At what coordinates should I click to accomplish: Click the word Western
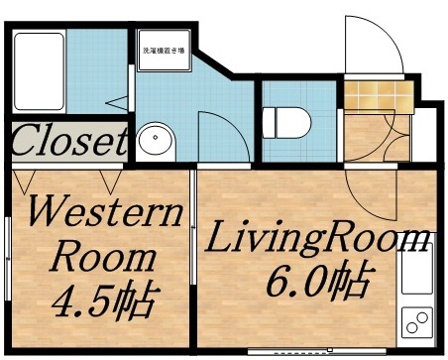[x=104, y=214]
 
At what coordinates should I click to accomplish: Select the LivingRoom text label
[x=317, y=240]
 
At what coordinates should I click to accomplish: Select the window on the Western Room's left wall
[x=8, y=258]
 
